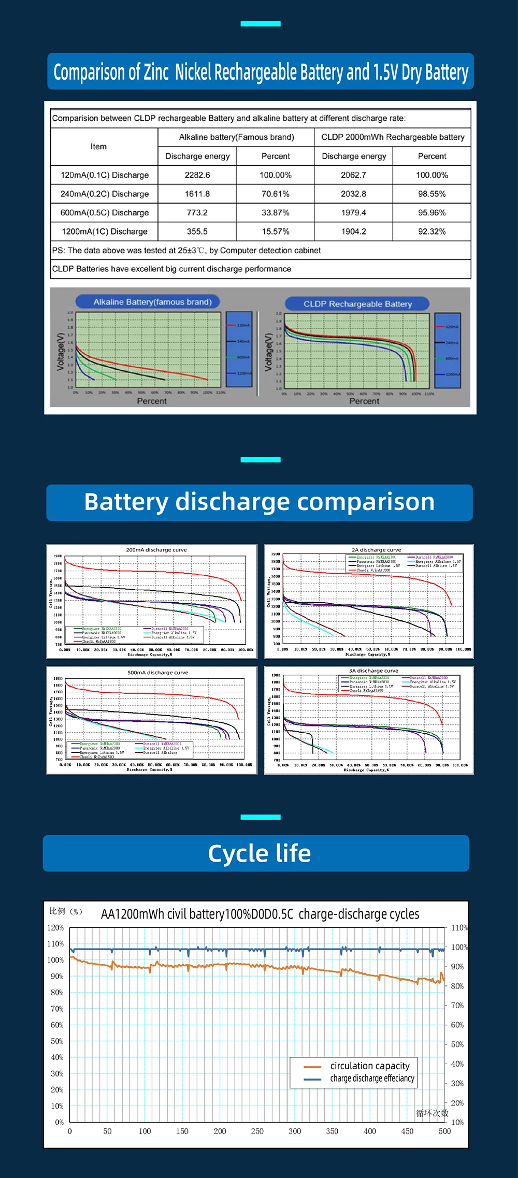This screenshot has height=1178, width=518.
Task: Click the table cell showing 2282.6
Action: pyautogui.click(x=197, y=175)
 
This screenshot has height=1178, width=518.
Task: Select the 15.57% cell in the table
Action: pyautogui.click(x=276, y=231)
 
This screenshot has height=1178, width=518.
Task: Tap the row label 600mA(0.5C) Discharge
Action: pyautogui.click(x=104, y=213)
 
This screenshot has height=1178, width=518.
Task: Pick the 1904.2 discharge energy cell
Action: pyautogui.click(x=353, y=231)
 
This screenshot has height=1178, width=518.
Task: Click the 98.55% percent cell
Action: pyautogui.click(x=431, y=194)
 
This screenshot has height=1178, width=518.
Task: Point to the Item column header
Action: pyautogui.click(x=98, y=147)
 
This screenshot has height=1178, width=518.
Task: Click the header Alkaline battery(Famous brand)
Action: pyautogui.click(x=236, y=137)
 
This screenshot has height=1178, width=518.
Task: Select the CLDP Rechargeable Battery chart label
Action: pyautogui.click(x=357, y=304)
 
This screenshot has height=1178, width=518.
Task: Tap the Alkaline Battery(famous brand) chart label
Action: pyautogui.click(x=152, y=302)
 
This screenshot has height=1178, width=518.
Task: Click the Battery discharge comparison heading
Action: pyautogui.click(x=259, y=502)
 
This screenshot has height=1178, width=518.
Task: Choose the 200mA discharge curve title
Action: pyautogui.click(x=156, y=550)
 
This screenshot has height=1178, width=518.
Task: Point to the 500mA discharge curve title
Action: pyautogui.click(x=158, y=673)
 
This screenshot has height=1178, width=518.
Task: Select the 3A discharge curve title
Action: pyautogui.click(x=373, y=671)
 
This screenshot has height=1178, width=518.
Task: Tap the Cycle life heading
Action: pyautogui.click(x=259, y=853)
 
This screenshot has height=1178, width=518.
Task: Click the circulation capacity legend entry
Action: pyautogui.click(x=369, y=1066)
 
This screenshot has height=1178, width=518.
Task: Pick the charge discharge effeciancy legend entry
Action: pyautogui.click(x=372, y=1078)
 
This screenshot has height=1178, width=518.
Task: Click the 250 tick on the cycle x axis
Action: pyautogui.click(x=257, y=1131)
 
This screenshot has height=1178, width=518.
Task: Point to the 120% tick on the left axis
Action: pyautogui.click(x=55, y=927)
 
